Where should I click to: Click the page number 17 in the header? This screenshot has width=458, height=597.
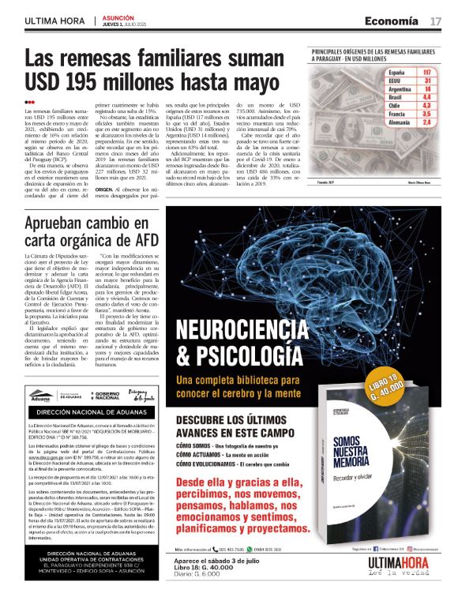435,20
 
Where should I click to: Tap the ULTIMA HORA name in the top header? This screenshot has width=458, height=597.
55,21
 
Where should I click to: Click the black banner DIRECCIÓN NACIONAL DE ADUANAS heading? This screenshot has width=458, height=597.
88,411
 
